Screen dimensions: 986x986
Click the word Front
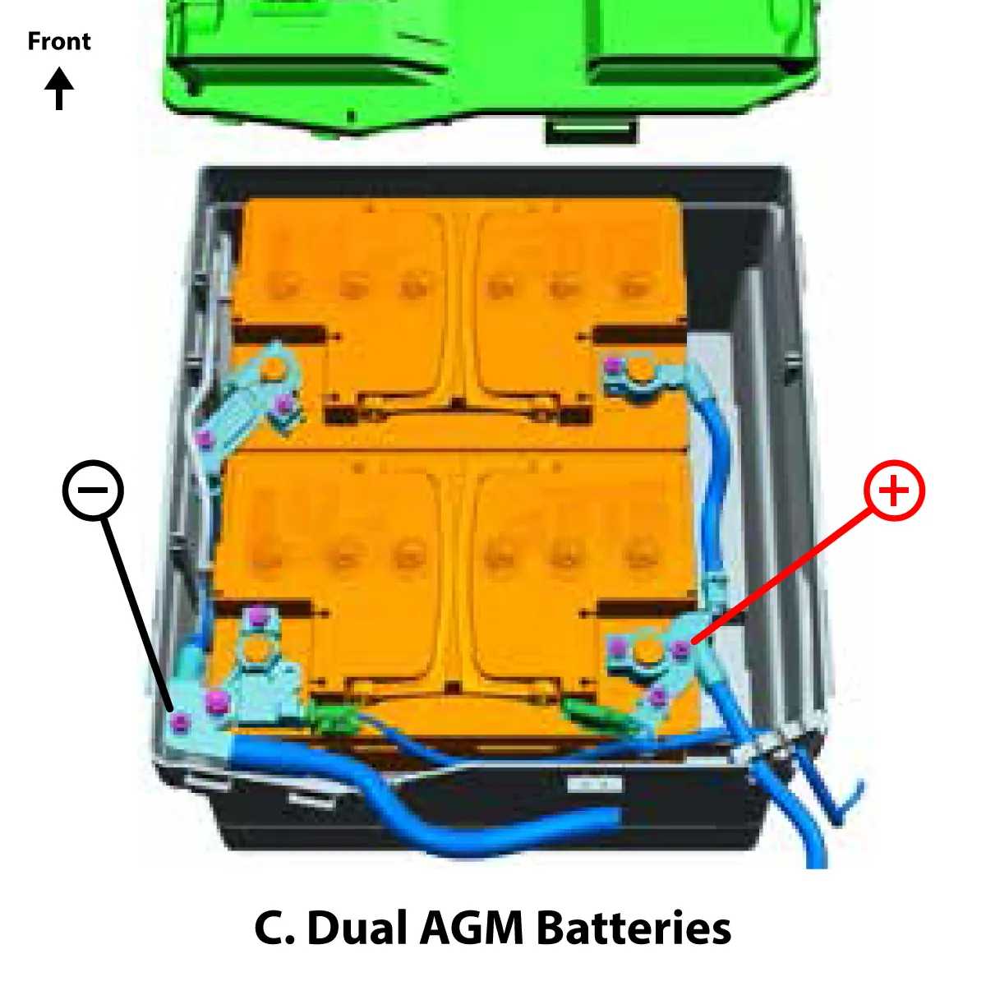pyautogui.click(x=58, y=41)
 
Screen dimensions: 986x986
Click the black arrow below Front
pyautogui.click(x=58, y=89)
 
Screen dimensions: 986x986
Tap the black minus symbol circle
pyautogui.click(x=93, y=491)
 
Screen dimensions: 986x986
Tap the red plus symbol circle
pyautogui.click(x=894, y=491)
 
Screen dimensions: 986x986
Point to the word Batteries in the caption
pyautogui.click(x=634, y=928)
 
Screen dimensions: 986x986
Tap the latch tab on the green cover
pyautogui.click(x=591, y=129)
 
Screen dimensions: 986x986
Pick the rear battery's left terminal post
pyautogui.click(x=260, y=649)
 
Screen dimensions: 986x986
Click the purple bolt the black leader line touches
pyautogui.click(x=180, y=723)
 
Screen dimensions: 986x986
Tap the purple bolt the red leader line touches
pyautogui.click(x=680, y=651)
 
